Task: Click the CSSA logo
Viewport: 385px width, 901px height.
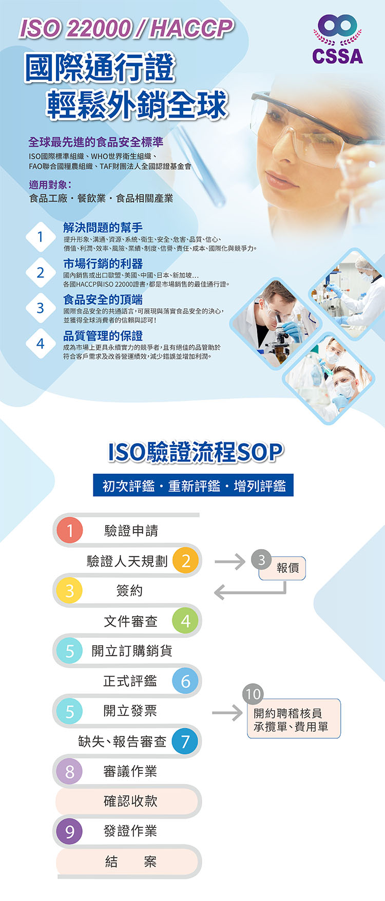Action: pyautogui.click(x=337, y=39)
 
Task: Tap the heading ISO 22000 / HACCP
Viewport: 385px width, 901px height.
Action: pyautogui.click(x=126, y=29)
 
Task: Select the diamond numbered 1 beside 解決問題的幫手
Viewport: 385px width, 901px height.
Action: pyautogui.click(x=41, y=237)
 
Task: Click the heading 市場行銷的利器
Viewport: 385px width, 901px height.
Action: pyautogui.click(x=103, y=264)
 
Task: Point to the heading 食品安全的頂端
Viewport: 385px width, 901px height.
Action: pyautogui.click(x=103, y=299)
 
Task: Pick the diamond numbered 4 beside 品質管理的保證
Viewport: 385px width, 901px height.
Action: pyautogui.click(x=41, y=344)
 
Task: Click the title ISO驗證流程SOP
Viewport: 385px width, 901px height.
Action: pyautogui.click(x=195, y=452)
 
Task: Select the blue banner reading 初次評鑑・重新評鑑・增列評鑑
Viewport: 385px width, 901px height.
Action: pyautogui.click(x=193, y=485)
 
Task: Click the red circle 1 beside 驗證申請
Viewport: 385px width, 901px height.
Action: pyautogui.click(x=70, y=530)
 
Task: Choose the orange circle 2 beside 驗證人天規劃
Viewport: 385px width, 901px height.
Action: pyautogui.click(x=186, y=560)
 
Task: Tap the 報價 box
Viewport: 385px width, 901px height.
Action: pyautogui.click(x=282, y=568)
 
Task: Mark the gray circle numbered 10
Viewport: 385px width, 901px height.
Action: pyautogui.click(x=253, y=694)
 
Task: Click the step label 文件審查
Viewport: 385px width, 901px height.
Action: pyautogui.click(x=130, y=622)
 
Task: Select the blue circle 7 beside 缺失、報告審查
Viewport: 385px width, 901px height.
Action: pyautogui.click(x=185, y=741)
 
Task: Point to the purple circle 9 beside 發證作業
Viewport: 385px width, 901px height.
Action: pyautogui.click(x=70, y=831)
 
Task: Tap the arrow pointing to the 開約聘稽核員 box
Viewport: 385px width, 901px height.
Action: pyautogui.click(x=227, y=712)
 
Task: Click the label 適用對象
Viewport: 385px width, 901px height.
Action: pyautogui.click(x=50, y=184)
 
